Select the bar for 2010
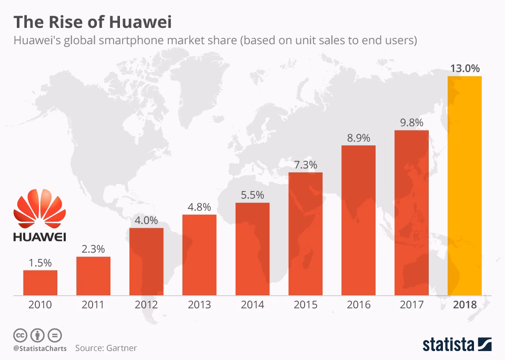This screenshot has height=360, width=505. pos(40,282)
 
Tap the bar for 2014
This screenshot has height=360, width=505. pos(252,248)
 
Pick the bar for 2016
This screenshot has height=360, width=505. pos(358,219)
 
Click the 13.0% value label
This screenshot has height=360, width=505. pos(464,68)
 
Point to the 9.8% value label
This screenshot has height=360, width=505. pos(411,122)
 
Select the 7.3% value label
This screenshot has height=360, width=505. pos(305,165)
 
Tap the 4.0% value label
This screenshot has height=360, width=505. pos(146,221)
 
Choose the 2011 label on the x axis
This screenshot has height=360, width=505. pos(93,305)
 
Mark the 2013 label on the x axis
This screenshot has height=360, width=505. pos(199,305)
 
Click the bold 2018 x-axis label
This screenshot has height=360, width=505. pos(464,305)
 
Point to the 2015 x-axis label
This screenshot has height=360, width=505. pos(305,305)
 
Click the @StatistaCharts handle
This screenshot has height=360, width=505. pos(40,348)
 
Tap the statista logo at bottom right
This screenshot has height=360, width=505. pos(457,345)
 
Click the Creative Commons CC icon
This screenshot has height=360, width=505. pos(21,335)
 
